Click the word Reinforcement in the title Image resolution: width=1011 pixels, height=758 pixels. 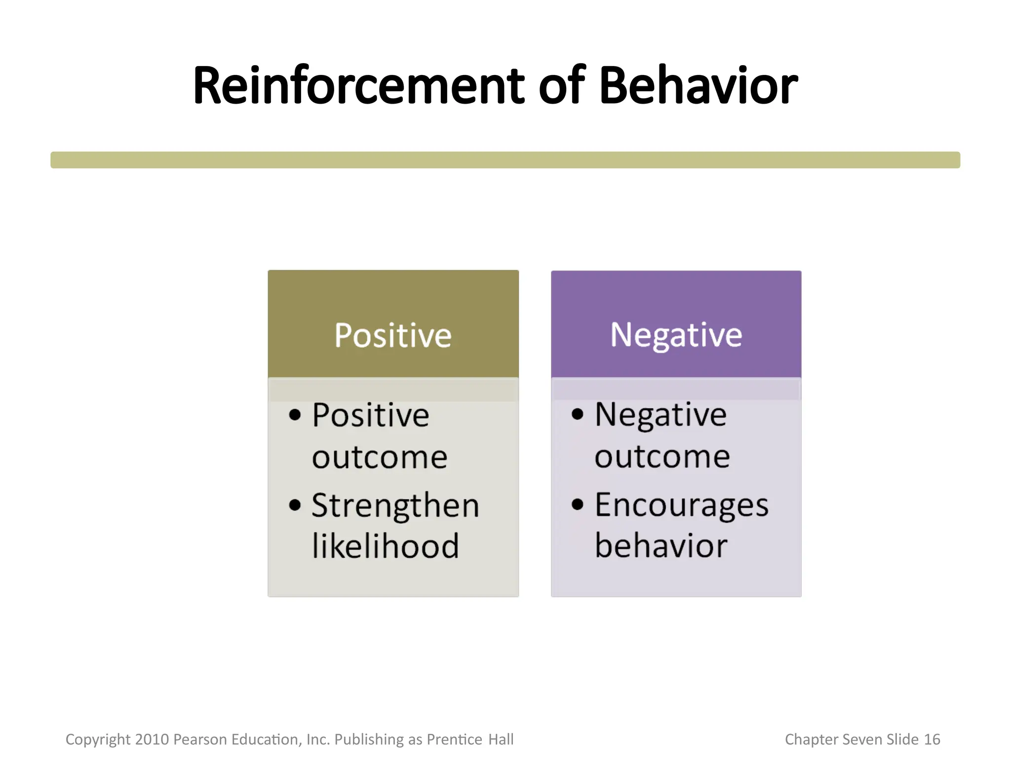(x=358, y=86)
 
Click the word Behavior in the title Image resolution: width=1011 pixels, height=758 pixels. (x=698, y=86)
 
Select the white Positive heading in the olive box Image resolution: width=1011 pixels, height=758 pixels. (x=393, y=336)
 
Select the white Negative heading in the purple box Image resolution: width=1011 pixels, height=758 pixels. (x=676, y=335)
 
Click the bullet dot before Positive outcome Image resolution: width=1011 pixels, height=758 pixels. (x=295, y=415)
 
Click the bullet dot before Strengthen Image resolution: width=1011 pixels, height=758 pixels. (x=295, y=505)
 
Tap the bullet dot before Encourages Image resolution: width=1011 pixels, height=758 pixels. (x=577, y=504)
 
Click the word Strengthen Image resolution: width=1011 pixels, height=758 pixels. (x=395, y=506)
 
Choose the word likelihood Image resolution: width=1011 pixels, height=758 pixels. (x=386, y=546)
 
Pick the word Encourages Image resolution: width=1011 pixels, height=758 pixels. (x=682, y=505)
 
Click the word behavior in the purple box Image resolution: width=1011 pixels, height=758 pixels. (x=661, y=546)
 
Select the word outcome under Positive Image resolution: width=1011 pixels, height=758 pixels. (x=380, y=457)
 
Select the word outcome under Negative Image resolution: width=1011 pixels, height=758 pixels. (x=662, y=456)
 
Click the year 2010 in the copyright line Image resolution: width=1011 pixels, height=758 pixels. (x=152, y=739)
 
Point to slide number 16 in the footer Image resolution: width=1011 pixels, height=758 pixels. (x=932, y=739)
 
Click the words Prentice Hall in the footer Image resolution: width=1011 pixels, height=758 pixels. (x=470, y=739)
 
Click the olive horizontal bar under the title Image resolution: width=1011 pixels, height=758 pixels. (x=505, y=160)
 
